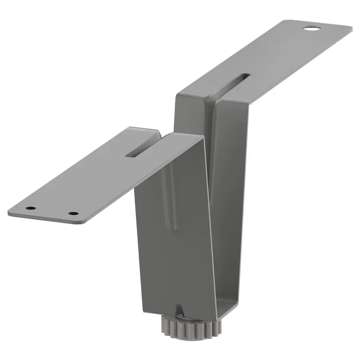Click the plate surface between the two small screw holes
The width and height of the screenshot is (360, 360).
tap(53, 211)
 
